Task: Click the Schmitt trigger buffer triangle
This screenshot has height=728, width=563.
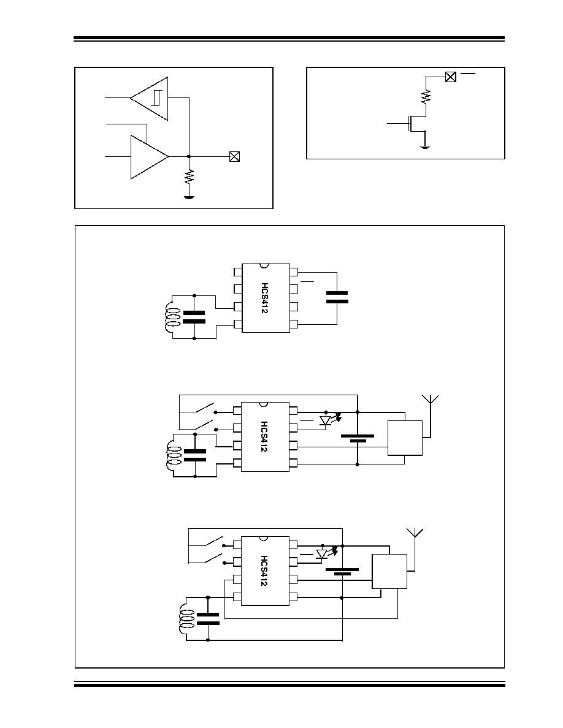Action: (150, 99)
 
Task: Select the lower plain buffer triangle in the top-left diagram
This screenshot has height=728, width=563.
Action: (150, 157)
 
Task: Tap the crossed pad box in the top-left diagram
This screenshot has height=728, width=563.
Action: (234, 157)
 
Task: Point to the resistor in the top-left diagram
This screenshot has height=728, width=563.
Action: (189, 177)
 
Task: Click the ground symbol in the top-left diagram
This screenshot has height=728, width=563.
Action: (189, 197)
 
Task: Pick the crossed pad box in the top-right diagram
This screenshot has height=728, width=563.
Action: (450, 77)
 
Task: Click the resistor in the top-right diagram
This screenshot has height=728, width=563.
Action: (426, 97)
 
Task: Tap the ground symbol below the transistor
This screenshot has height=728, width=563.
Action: (425, 147)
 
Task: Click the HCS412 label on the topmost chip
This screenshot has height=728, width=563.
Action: (264, 298)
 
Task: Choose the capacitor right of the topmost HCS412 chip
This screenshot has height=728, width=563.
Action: (337, 297)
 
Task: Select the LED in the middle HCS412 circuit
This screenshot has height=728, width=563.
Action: (326, 420)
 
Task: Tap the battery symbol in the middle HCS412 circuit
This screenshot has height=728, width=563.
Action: (357, 438)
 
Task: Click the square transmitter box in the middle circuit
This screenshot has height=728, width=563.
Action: (405, 438)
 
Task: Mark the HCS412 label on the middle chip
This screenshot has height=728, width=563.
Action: (264, 436)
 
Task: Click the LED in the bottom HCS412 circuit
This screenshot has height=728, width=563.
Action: (321, 554)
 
